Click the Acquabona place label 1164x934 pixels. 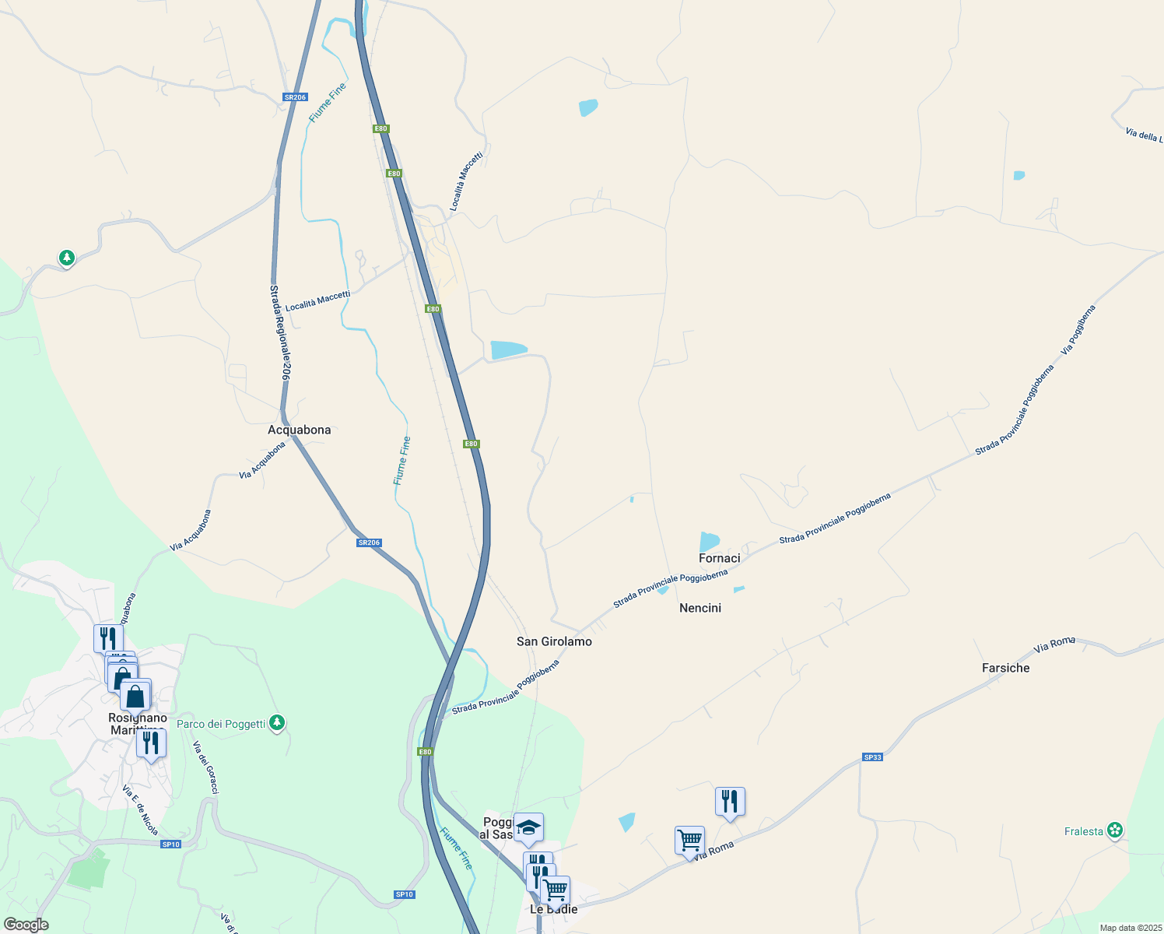299,430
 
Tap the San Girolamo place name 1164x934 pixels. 554,641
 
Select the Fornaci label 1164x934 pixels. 719,558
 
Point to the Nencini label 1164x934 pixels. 700,608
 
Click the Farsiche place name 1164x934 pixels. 1005,668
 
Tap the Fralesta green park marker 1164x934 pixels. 1115,830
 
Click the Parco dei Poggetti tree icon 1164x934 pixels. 276,723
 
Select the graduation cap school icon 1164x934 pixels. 528,827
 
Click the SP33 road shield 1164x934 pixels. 872,757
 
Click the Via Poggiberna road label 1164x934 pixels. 1078,329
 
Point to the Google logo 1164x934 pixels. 26,925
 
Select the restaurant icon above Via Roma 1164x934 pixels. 730,800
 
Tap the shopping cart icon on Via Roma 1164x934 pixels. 689,840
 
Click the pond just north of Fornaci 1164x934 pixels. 709,540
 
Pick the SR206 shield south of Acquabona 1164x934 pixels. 369,542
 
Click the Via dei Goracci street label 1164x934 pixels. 205,767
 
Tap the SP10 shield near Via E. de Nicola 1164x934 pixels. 170,844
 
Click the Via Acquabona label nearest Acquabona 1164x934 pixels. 262,461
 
